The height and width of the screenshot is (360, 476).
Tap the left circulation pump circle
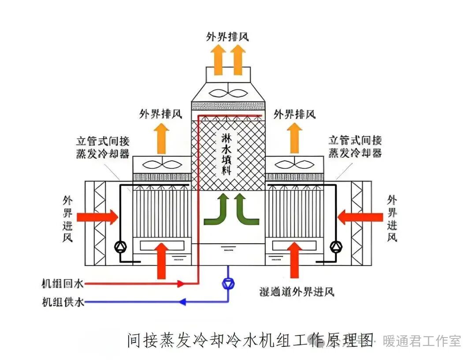(119, 247)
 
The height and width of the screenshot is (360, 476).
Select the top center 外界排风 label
(227, 36)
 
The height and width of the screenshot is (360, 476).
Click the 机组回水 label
(62, 283)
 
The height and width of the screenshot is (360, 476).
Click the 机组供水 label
(62, 302)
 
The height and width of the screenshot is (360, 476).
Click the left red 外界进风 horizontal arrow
(97, 217)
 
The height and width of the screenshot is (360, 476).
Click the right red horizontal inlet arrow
(360, 217)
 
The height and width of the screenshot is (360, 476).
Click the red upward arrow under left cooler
(162, 260)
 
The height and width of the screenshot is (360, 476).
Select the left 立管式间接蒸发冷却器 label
(103, 147)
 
